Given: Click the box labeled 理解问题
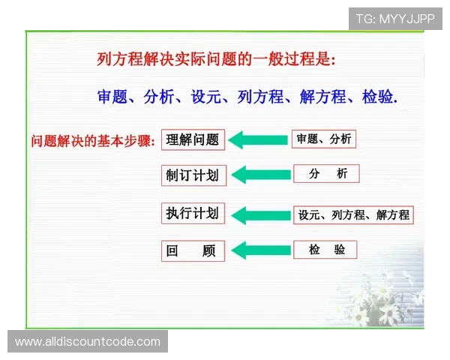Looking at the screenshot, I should point(193,139).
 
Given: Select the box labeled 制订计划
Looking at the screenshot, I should point(193,175).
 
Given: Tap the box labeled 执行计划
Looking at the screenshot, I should point(193,213).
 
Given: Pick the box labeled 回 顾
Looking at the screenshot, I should point(193,250).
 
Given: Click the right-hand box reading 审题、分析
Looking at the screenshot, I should point(322,139).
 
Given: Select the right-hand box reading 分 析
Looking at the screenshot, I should point(326,174).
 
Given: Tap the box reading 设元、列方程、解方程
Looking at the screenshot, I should point(353,214).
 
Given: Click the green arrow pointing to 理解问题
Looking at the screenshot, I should point(258,139).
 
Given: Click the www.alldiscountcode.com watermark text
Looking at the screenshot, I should point(88,342).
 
